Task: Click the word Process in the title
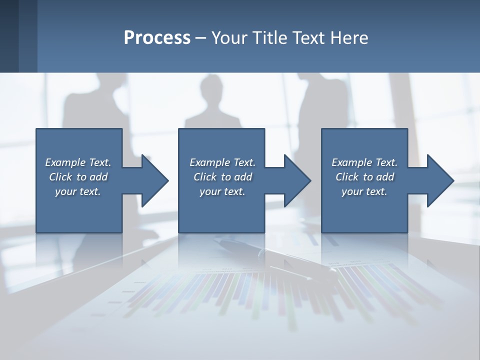[x=157, y=38]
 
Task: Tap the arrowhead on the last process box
[x=439, y=180]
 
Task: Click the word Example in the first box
[x=65, y=162]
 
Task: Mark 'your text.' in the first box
[x=78, y=191]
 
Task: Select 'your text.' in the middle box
[x=222, y=191]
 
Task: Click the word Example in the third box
[x=352, y=162]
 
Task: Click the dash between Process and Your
[x=201, y=38]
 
